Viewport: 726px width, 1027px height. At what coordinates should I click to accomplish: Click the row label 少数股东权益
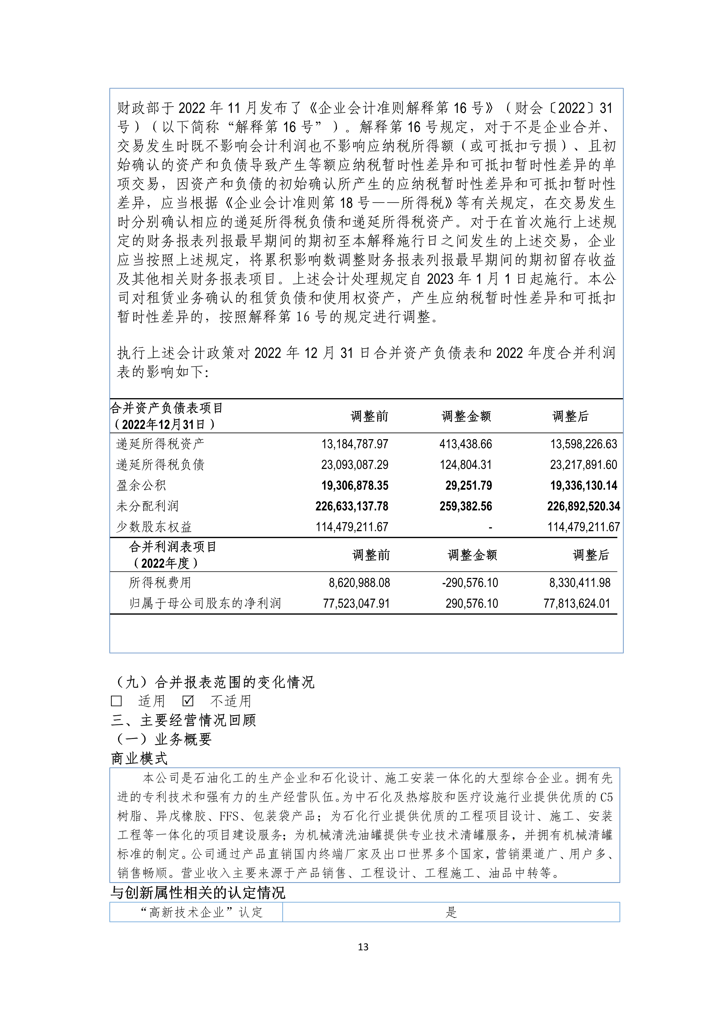(154, 527)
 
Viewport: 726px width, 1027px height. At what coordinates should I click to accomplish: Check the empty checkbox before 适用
(116, 701)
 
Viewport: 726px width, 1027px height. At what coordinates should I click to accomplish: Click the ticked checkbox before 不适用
(188, 701)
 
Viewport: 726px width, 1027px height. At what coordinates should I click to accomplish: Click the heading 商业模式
(139, 758)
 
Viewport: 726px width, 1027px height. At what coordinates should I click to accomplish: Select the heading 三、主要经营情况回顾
(183, 720)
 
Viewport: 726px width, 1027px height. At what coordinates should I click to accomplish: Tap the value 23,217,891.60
(583, 465)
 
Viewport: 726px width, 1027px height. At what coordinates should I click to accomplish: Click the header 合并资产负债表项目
(166, 408)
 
